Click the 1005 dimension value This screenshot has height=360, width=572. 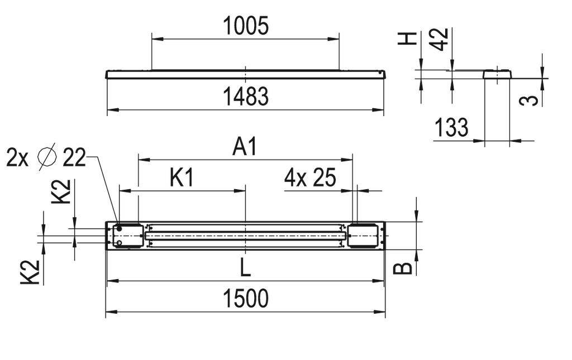[x=245, y=26]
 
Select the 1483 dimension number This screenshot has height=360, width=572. [x=245, y=97]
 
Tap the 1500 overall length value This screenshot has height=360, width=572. [x=245, y=299]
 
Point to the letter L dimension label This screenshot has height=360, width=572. [x=245, y=268]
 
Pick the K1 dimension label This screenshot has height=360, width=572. [x=182, y=178]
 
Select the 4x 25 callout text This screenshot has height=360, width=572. [x=310, y=178]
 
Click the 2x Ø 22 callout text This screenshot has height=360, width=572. [x=46, y=158]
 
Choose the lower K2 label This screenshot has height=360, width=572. [x=31, y=272]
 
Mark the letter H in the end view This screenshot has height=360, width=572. [x=410, y=39]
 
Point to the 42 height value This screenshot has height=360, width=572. [x=441, y=39]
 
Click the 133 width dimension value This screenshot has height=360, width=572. [x=451, y=128]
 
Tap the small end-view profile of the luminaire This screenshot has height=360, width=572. [x=497, y=74]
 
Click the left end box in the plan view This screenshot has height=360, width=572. [x=128, y=235]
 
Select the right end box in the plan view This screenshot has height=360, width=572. [x=363, y=235]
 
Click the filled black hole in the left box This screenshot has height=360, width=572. [x=120, y=229]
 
